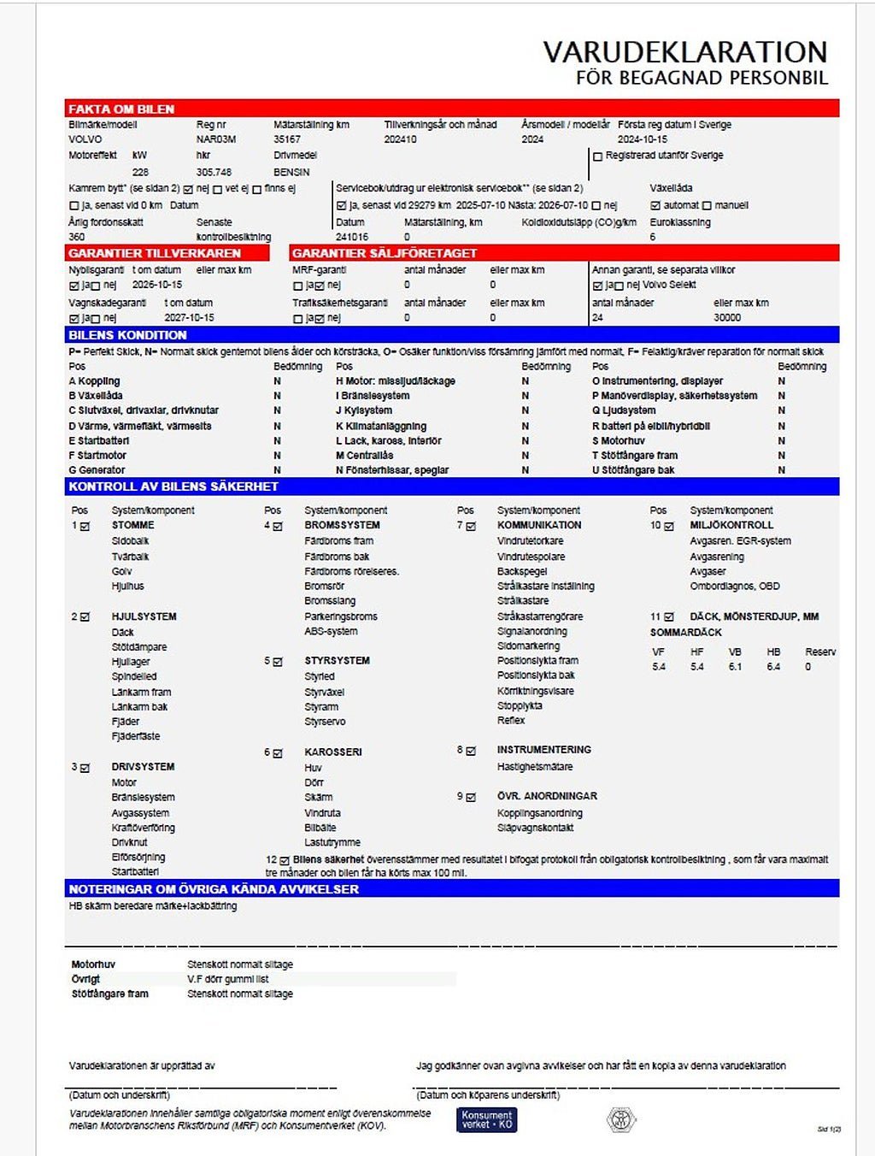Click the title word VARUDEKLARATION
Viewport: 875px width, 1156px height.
[x=685, y=52]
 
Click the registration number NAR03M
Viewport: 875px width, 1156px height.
[x=215, y=139]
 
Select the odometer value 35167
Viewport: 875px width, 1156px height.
[x=287, y=139]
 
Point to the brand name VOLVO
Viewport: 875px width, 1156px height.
[x=85, y=139]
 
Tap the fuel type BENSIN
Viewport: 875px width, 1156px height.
[x=291, y=172]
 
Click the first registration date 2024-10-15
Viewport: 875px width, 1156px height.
[x=643, y=139]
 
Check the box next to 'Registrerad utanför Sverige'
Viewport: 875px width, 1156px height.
[x=598, y=156]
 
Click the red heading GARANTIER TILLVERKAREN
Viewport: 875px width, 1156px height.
[x=155, y=253]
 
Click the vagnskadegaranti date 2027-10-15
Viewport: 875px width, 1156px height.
[x=189, y=317]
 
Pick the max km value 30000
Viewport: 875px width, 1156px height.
[x=727, y=317]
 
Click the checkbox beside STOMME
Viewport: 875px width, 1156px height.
[x=85, y=526]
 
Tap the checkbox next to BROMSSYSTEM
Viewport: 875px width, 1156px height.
[x=278, y=526]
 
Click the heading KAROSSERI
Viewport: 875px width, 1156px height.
[x=333, y=752]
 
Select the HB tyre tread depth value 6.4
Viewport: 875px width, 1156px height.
[x=773, y=667]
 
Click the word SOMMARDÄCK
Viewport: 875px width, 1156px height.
[x=686, y=633]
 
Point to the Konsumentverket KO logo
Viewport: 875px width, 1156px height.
[x=487, y=1119]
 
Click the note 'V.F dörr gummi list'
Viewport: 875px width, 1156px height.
[x=228, y=979]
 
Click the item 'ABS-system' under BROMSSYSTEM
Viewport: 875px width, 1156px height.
[x=331, y=632]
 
